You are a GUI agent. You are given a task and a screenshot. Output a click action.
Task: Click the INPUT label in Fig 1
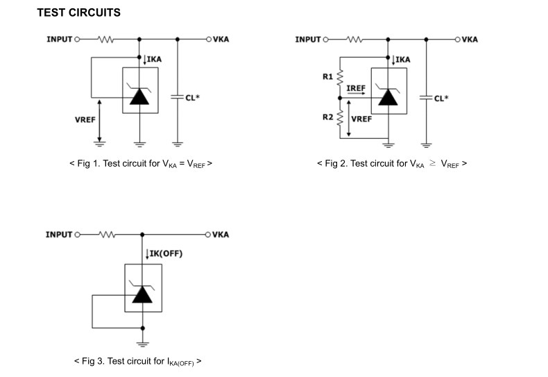tap(59, 40)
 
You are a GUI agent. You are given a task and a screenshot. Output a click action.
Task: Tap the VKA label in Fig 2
tap(470, 40)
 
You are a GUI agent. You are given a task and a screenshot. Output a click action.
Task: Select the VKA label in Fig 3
tap(221, 235)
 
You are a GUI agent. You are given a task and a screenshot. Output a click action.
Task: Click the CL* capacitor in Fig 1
tap(178, 98)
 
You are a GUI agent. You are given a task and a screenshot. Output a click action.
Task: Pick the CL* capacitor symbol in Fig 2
tap(426, 98)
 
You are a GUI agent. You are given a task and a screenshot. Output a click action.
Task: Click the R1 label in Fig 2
tap(328, 76)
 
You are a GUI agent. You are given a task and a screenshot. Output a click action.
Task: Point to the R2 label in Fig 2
tap(328, 117)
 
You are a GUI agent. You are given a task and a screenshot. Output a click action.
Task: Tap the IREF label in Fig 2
tap(356, 89)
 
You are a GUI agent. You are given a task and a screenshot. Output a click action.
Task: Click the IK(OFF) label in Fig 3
tap(166, 253)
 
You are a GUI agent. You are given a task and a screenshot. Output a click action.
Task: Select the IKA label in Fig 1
tap(154, 60)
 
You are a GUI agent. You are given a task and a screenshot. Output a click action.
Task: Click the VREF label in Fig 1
tap(85, 120)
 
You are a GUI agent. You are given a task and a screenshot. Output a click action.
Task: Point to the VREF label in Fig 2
tap(361, 119)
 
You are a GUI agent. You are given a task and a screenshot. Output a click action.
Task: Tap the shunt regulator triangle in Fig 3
tap(142, 294)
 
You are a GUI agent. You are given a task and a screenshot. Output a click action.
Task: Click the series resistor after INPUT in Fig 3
tap(106, 235)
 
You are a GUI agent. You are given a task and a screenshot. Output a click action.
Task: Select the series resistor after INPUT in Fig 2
tap(354, 40)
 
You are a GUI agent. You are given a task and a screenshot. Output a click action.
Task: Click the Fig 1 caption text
tap(141, 165)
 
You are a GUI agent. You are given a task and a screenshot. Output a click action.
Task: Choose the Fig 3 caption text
tap(137, 362)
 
